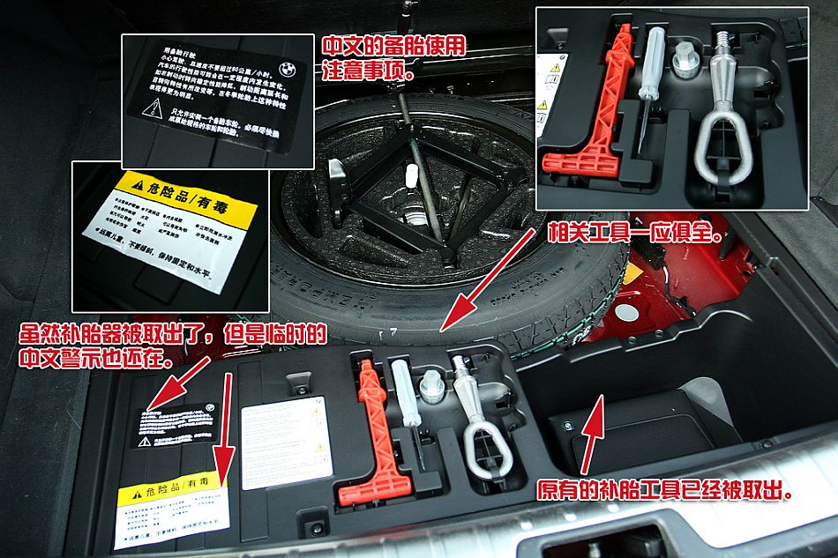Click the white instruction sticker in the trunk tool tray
tap(282, 441)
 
